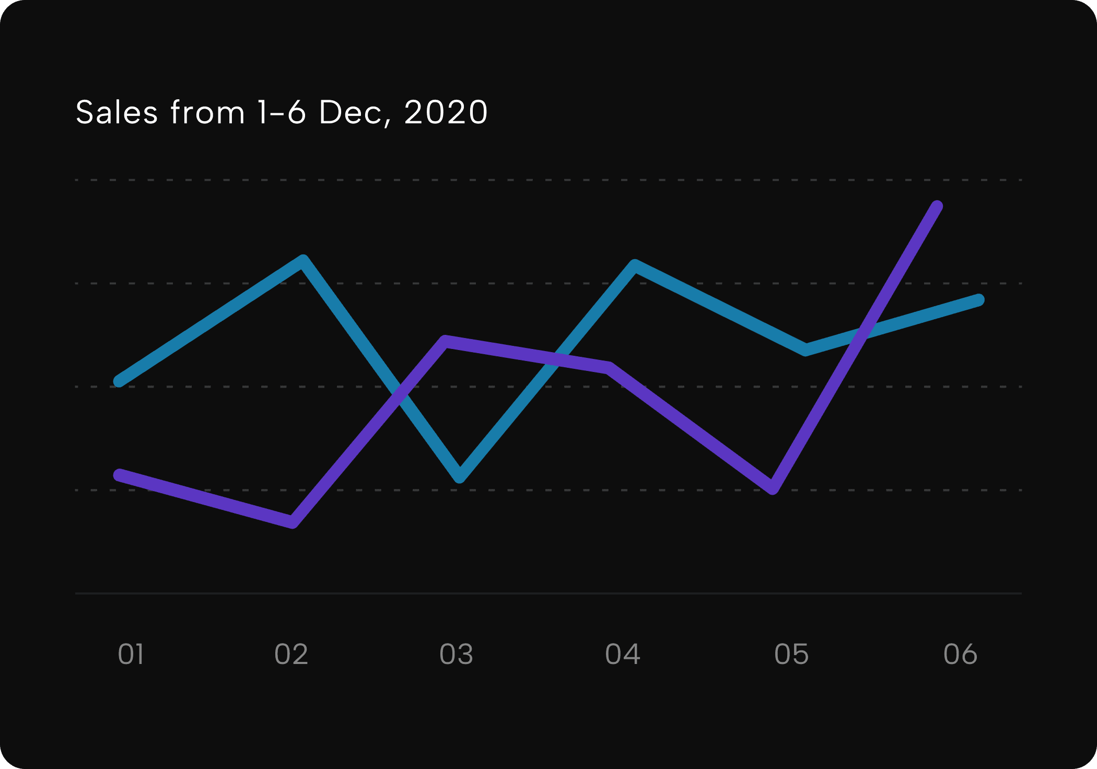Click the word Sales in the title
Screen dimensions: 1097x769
[116, 112]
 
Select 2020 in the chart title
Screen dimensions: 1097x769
[446, 112]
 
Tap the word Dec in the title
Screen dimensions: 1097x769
[351, 112]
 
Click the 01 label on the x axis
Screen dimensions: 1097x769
[131, 654]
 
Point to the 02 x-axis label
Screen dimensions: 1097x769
[291, 654]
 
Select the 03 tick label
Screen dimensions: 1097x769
[456, 654]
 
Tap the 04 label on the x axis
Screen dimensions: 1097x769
[622, 654]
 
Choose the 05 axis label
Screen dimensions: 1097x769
[791, 654]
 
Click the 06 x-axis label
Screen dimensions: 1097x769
[960, 654]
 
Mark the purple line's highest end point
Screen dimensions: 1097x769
[937, 206]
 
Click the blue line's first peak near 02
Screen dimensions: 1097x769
[303, 260]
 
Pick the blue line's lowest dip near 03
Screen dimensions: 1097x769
[460, 476]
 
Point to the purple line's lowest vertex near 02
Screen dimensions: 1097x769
[293, 522]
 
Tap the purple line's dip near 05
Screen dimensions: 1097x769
[773, 488]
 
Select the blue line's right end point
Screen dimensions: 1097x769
[979, 300]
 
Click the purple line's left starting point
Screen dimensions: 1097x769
[120, 475]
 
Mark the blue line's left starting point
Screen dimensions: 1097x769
[120, 381]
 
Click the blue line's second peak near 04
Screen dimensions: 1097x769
[635, 265]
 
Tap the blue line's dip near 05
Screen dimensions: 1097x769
[806, 349]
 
